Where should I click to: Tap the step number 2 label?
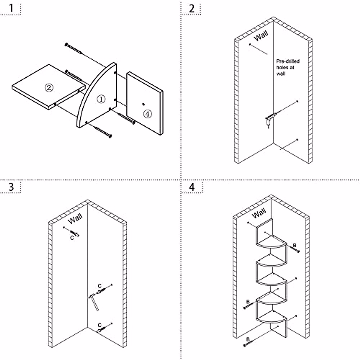[192, 8]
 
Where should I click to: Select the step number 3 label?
[11, 187]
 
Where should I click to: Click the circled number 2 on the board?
[49, 87]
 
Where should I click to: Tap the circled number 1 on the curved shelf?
[101, 99]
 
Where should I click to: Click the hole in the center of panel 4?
[143, 104]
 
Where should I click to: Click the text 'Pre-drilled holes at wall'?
[287, 67]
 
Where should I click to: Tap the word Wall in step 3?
[75, 219]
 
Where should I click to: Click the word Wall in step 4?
[259, 213]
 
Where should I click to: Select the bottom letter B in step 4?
[248, 339]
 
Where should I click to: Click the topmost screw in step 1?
[73, 49]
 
